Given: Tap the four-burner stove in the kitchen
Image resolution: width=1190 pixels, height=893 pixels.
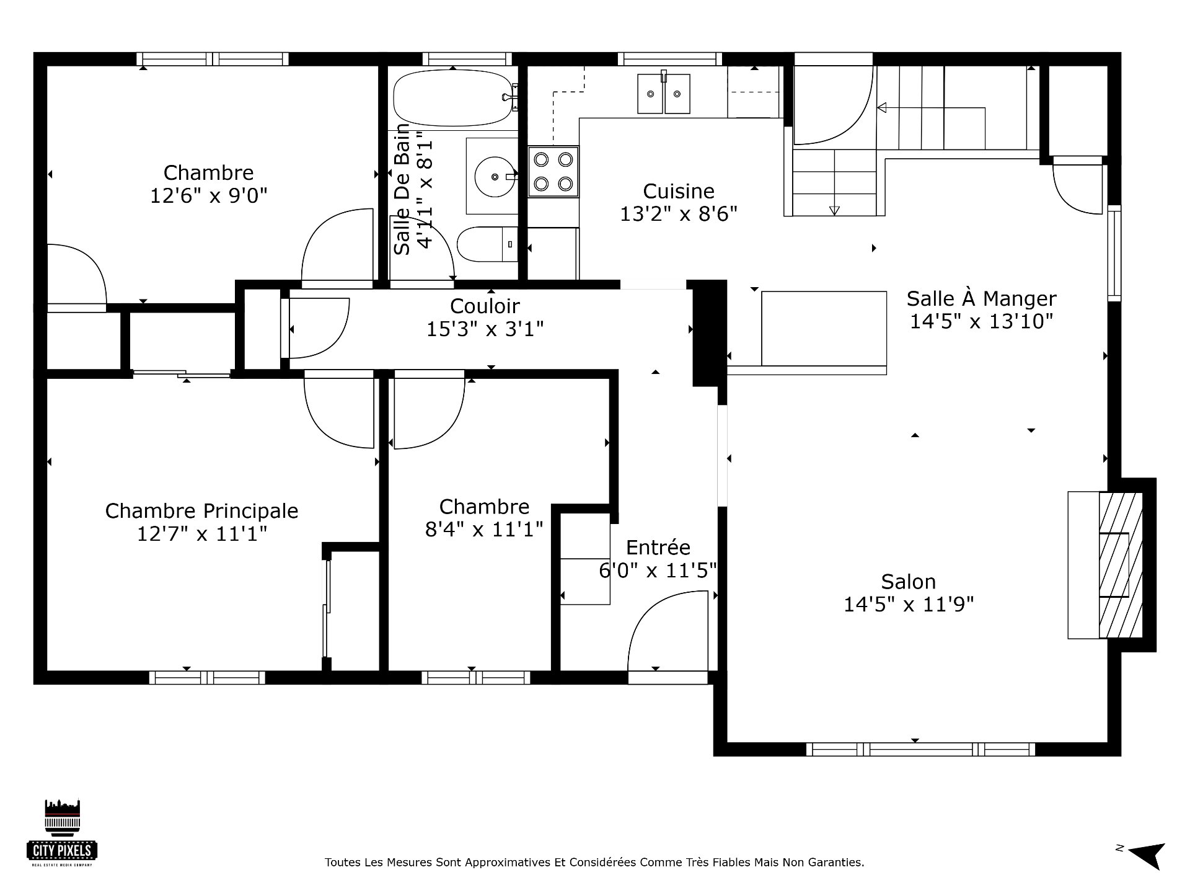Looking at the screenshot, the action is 553,172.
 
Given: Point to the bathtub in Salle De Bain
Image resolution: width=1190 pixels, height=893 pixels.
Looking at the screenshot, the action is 455,98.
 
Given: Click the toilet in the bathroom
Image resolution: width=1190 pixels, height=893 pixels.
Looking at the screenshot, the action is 487,244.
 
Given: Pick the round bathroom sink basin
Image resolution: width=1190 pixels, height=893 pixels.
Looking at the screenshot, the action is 495,176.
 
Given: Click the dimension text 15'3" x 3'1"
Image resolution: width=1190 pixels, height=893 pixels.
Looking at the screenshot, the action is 485,329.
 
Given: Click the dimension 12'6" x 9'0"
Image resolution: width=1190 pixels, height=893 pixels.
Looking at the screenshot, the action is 209,196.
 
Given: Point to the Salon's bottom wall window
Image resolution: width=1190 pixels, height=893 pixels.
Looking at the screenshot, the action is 921,749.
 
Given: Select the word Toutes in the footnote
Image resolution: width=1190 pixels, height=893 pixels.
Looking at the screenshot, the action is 342,863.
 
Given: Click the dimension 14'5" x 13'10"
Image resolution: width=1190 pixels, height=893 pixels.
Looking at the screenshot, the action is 982,321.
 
